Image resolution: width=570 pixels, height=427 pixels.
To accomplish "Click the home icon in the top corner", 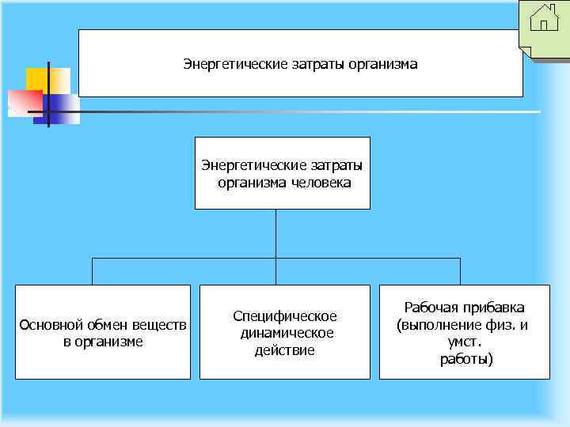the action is pyautogui.click(x=544, y=17).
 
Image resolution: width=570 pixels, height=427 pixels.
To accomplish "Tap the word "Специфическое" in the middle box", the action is pyautogui.click(x=284, y=316).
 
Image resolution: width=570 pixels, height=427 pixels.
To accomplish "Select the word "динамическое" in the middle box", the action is pyautogui.click(x=287, y=333).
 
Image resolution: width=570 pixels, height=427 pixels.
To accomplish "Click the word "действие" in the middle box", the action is pyautogui.click(x=284, y=350).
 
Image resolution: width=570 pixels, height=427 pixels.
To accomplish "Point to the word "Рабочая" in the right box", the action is pyautogui.click(x=431, y=307).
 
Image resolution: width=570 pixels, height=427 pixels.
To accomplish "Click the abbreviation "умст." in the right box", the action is pyautogui.click(x=465, y=342).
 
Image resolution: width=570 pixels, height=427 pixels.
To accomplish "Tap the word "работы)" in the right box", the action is pyautogui.click(x=465, y=360).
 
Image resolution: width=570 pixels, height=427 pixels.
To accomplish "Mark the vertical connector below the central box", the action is pyautogui.click(x=275, y=233).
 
